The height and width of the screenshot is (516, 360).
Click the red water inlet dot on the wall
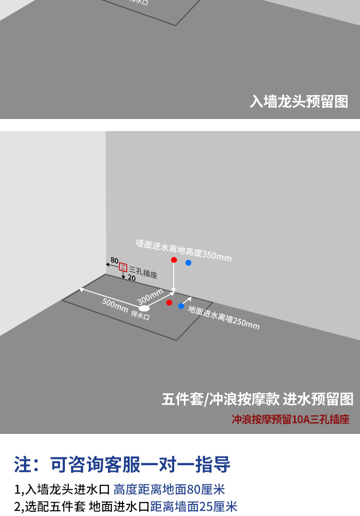coord(174,260)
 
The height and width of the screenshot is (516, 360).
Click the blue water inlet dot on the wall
coord(188,263)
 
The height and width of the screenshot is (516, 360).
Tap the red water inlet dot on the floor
coord(169,302)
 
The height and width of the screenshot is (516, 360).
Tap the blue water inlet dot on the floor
coord(181,306)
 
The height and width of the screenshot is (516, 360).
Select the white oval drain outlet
coord(144,308)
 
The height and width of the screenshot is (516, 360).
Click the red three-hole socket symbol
coord(123,267)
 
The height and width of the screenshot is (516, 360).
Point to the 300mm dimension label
coord(150,297)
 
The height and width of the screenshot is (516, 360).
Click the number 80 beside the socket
coord(114,260)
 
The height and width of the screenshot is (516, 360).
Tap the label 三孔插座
coord(143,272)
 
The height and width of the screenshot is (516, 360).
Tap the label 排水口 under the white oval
coord(140,316)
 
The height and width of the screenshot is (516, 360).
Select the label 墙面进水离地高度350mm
coord(183,251)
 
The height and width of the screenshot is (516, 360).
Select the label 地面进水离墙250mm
coord(224,318)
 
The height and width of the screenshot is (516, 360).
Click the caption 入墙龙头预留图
coord(299,102)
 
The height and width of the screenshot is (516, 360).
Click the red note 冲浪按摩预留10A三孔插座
coord(290,419)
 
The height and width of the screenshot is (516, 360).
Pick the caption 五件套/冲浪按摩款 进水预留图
coord(257,399)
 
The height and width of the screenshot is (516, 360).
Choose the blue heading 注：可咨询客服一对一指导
coord(122,465)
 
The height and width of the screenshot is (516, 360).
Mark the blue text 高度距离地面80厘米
coord(169,490)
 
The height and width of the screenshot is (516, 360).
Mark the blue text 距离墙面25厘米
coord(194,506)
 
